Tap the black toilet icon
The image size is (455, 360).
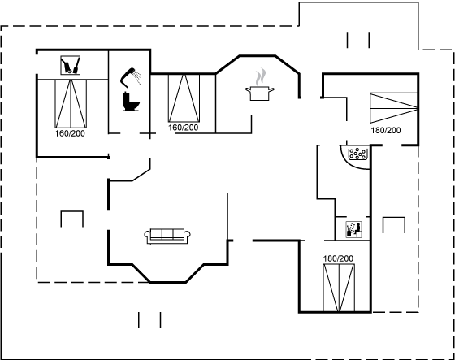click(x=131, y=102)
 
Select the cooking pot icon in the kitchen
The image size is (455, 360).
click(x=260, y=93)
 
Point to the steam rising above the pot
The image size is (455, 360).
click(x=260, y=77)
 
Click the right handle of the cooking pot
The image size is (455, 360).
click(x=271, y=89)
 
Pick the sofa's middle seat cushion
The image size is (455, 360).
click(x=167, y=233)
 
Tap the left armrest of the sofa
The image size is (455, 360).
click(x=147, y=235)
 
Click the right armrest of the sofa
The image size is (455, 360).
click(x=188, y=235)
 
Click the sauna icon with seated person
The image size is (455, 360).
click(x=353, y=229)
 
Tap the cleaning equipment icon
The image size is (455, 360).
click(x=70, y=65)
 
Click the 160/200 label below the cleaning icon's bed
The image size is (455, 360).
click(x=70, y=133)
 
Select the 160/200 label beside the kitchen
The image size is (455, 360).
click(x=184, y=128)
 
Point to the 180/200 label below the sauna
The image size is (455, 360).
click(x=338, y=258)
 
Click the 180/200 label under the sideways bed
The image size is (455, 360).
click(x=386, y=130)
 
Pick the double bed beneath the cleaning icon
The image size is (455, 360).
click(x=71, y=104)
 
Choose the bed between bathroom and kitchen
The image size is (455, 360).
click(x=184, y=98)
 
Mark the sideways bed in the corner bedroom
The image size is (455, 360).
click(x=394, y=108)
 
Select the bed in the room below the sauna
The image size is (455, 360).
click(x=339, y=288)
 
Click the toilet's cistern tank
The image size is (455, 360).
click(x=126, y=97)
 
